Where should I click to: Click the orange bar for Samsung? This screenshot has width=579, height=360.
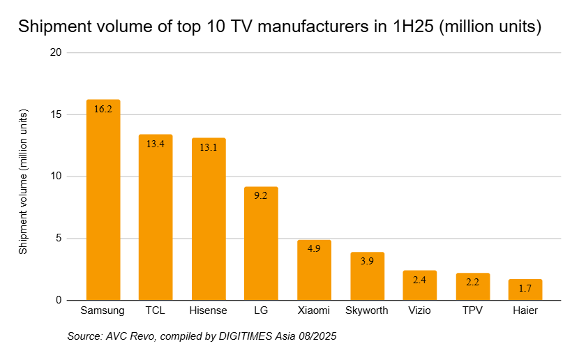point(103,202)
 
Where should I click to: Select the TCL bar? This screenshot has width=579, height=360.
point(156,220)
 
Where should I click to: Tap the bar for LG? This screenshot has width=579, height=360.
point(261,244)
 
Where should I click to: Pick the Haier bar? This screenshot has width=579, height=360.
point(525,290)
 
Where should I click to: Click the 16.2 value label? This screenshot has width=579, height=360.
point(103,109)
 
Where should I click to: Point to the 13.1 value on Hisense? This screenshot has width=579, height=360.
point(209,147)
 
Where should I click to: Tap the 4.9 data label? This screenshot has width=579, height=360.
point(314,248)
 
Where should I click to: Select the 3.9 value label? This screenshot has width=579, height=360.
point(367,261)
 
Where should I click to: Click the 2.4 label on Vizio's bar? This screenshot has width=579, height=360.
point(419,279)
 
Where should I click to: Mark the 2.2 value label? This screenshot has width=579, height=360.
point(472,282)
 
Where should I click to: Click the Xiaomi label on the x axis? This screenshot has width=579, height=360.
point(314,310)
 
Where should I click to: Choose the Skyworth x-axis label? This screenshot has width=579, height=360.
point(367,310)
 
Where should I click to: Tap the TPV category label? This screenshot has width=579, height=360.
point(472,310)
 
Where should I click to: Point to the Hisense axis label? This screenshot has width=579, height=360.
point(209,310)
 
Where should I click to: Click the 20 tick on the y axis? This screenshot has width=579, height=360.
point(56,53)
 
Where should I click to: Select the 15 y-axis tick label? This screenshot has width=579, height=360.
point(56,114)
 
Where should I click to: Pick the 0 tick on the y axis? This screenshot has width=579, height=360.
point(59,301)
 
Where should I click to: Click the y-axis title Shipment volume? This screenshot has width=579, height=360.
point(24,181)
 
